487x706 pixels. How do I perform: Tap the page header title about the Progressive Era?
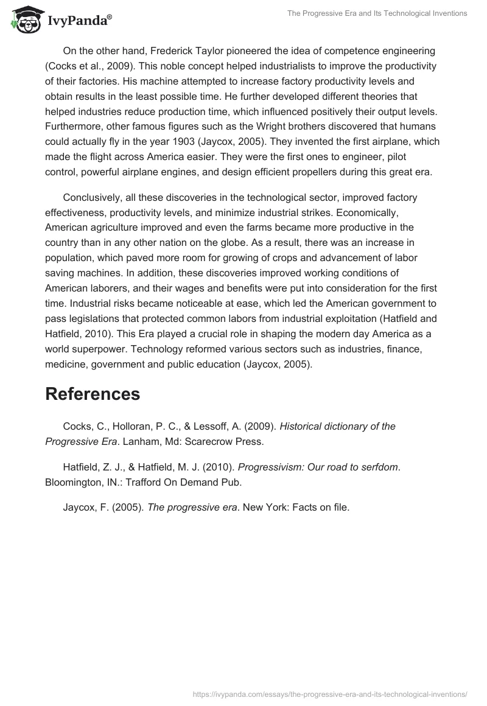tap(377, 13)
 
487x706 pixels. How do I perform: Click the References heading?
tap(93, 394)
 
